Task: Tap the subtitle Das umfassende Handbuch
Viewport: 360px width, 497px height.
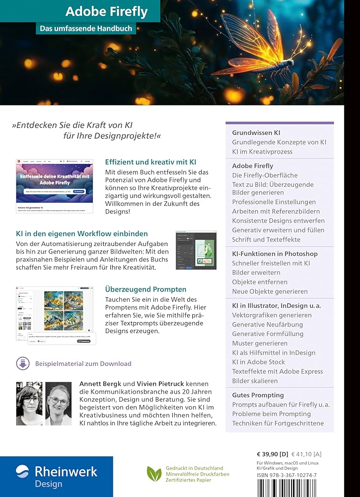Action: tap(86, 28)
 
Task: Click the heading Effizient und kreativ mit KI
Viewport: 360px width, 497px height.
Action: tap(150, 162)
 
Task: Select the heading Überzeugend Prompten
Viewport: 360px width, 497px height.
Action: tap(145, 289)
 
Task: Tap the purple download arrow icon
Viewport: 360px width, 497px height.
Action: tap(22, 363)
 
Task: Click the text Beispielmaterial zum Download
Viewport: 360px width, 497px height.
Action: tap(83, 363)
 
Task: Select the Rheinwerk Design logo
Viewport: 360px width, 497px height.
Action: tap(56, 476)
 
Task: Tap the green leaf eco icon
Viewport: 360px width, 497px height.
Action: tap(154, 473)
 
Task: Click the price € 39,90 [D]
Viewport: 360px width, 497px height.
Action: tap(272, 454)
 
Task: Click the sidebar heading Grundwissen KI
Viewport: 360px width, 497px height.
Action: tap(256, 133)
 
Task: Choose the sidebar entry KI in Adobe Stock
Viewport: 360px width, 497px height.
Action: tap(258, 362)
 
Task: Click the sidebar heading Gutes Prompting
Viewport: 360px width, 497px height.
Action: tap(258, 395)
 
